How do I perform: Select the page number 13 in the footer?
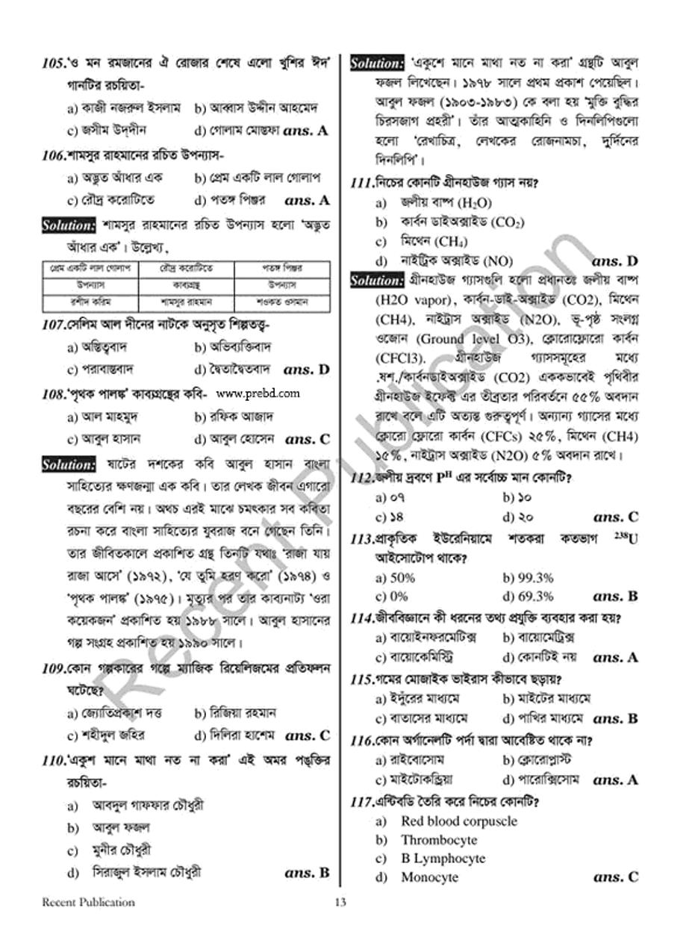(x=340, y=902)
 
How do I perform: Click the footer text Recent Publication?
(x=88, y=902)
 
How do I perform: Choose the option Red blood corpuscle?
(x=458, y=821)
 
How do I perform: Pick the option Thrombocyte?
(x=438, y=840)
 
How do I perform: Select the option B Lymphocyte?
(x=443, y=859)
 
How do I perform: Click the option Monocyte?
(x=429, y=877)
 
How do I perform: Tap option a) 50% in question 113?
(x=395, y=577)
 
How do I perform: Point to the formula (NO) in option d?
(x=498, y=261)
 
